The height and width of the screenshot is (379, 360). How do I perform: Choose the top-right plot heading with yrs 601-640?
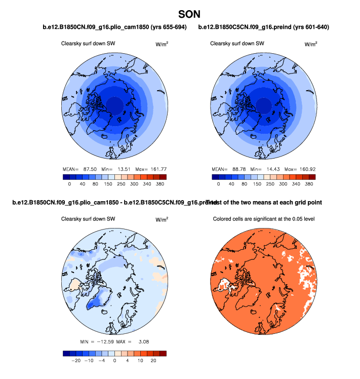tap(264, 27)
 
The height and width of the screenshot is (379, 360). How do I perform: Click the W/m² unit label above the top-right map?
tap(310, 45)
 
